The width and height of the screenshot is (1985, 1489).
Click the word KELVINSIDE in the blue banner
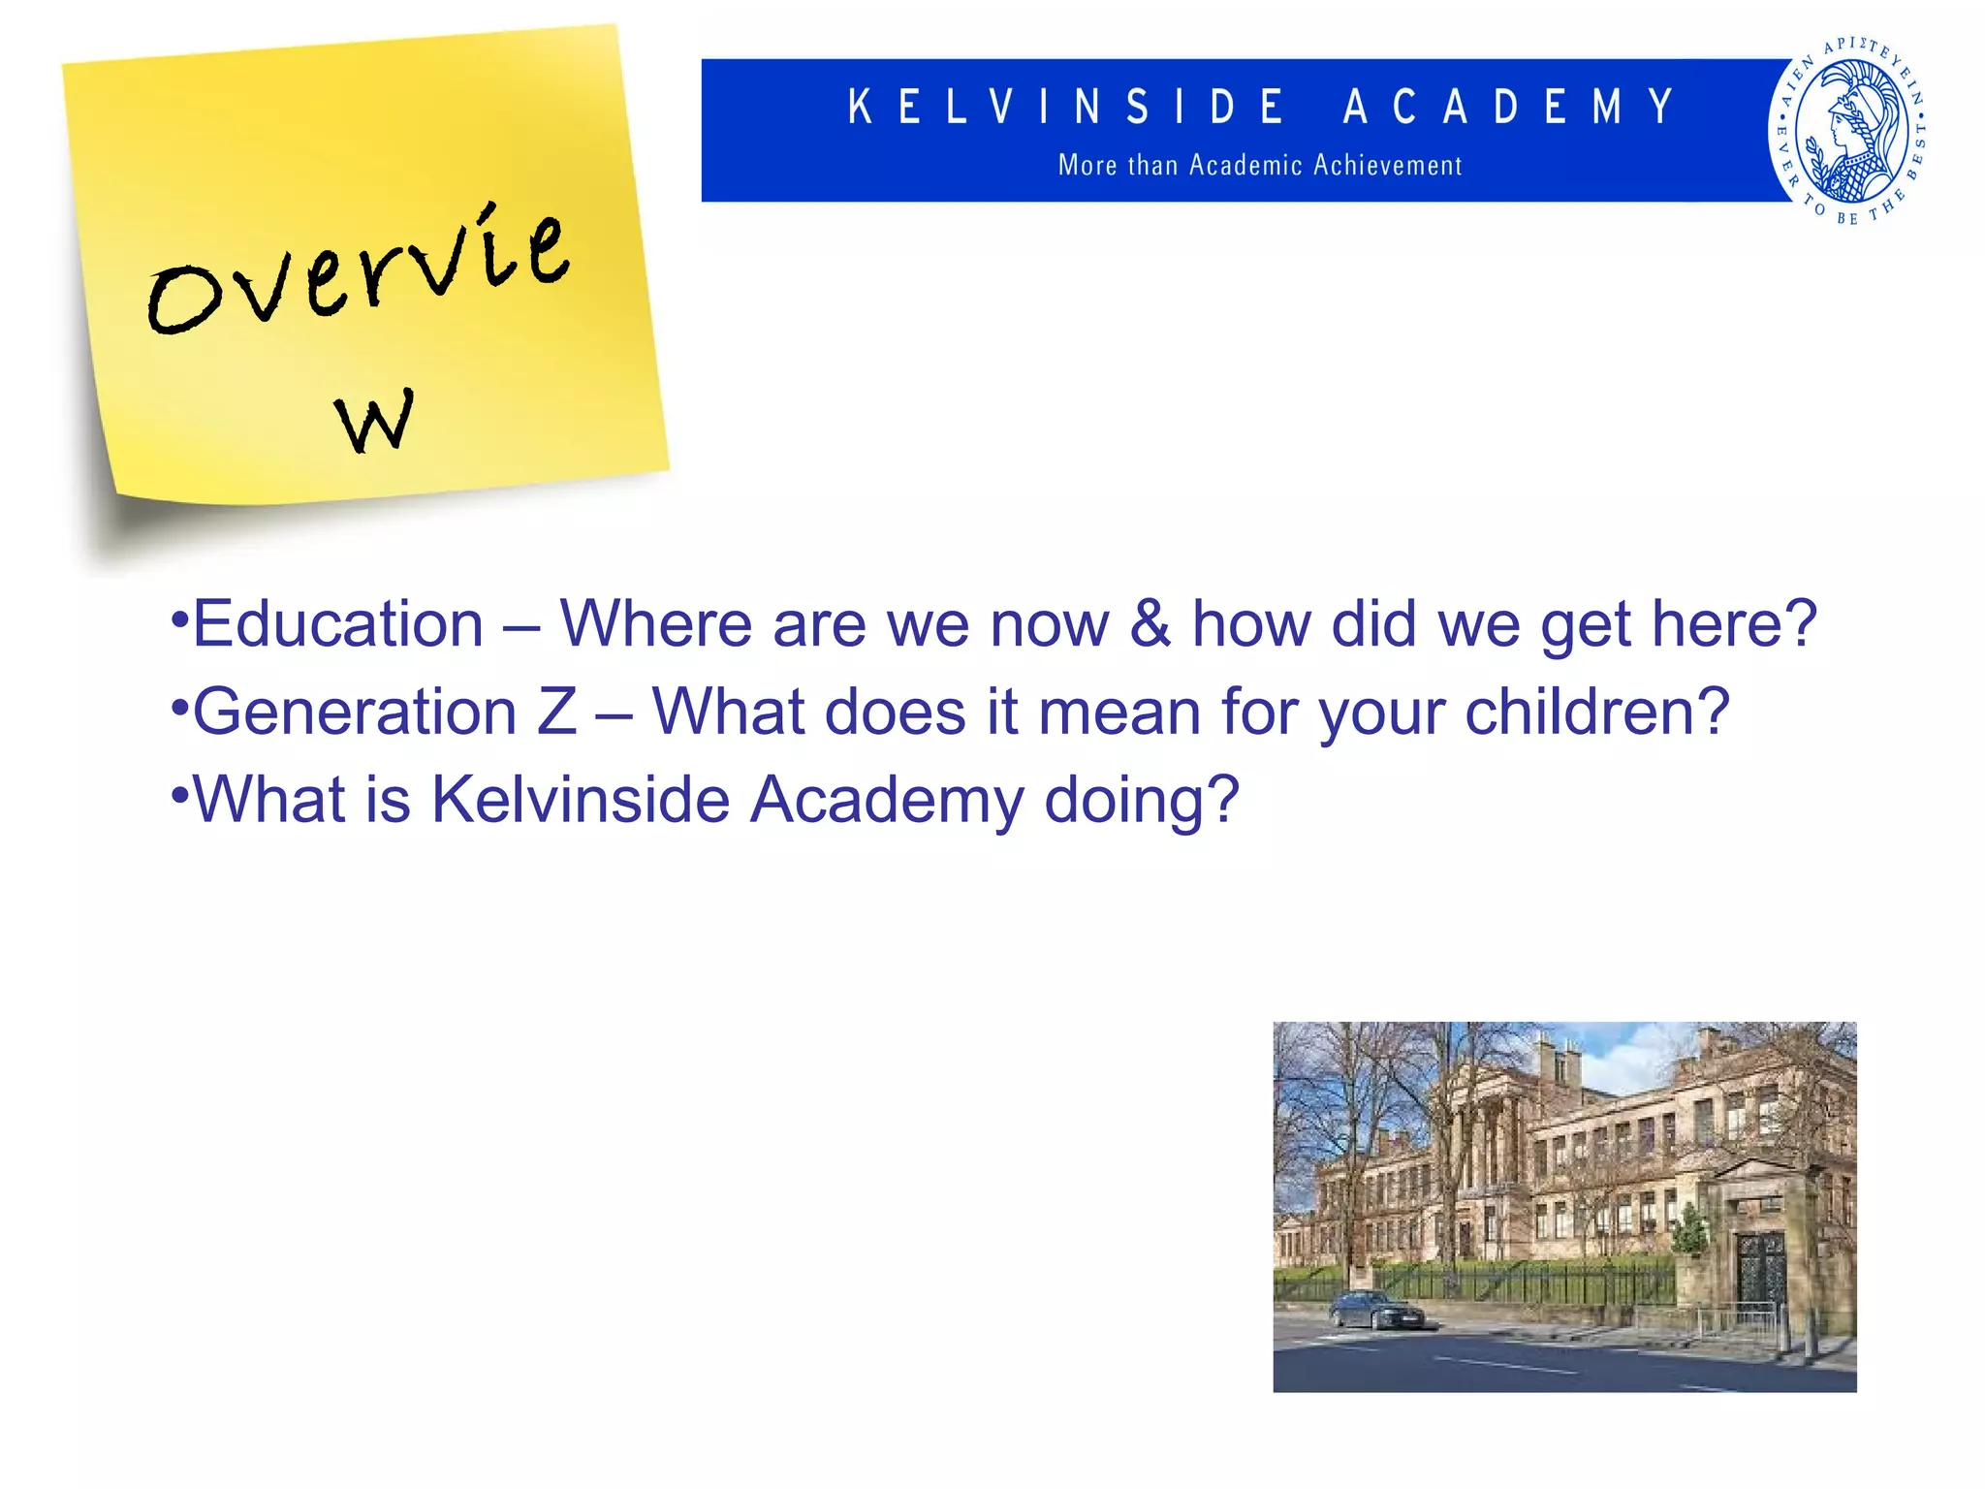(x=1066, y=107)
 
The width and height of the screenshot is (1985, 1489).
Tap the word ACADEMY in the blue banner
(x=1508, y=107)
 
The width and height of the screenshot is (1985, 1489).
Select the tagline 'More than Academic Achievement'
(x=1259, y=166)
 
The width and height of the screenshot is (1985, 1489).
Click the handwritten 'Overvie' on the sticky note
(x=359, y=271)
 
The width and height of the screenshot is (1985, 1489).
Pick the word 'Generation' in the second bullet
(x=355, y=713)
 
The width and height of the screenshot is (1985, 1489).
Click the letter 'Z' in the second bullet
(x=556, y=713)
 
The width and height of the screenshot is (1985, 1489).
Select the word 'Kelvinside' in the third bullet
(x=580, y=801)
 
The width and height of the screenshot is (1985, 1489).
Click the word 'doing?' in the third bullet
(x=1141, y=801)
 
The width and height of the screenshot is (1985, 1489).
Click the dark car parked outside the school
(x=1375, y=1312)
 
